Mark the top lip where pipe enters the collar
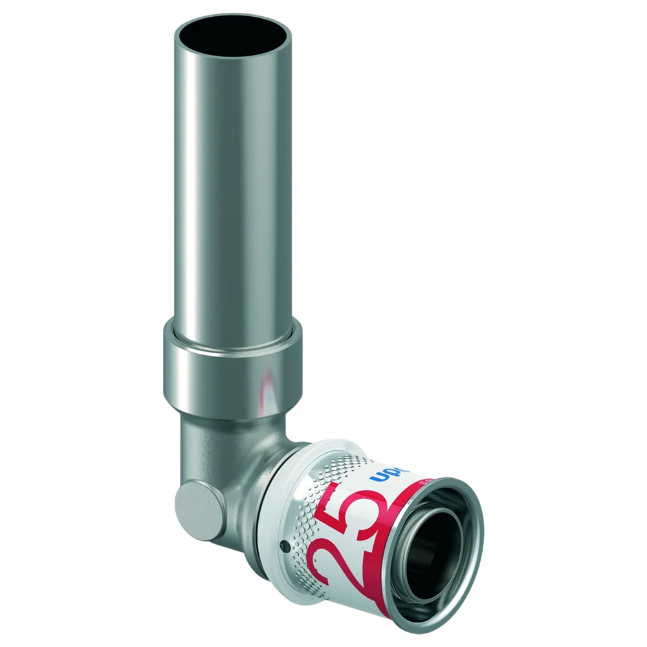[x=233, y=336]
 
